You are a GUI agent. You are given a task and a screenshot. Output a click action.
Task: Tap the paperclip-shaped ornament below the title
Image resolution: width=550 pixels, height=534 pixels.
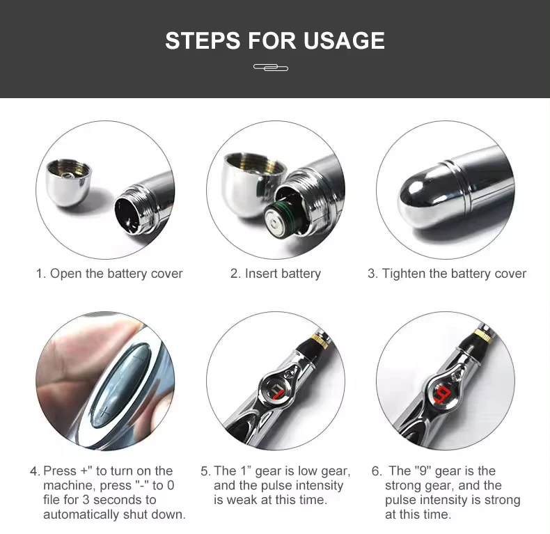pyautogui.click(x=271, y=68)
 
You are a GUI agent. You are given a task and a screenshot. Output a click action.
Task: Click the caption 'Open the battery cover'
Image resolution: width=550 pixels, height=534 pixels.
pyautogui.click(x=116, y=274)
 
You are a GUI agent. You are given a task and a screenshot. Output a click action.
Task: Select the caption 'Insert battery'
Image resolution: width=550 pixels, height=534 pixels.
pyautogui.click(x=282, y=274)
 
